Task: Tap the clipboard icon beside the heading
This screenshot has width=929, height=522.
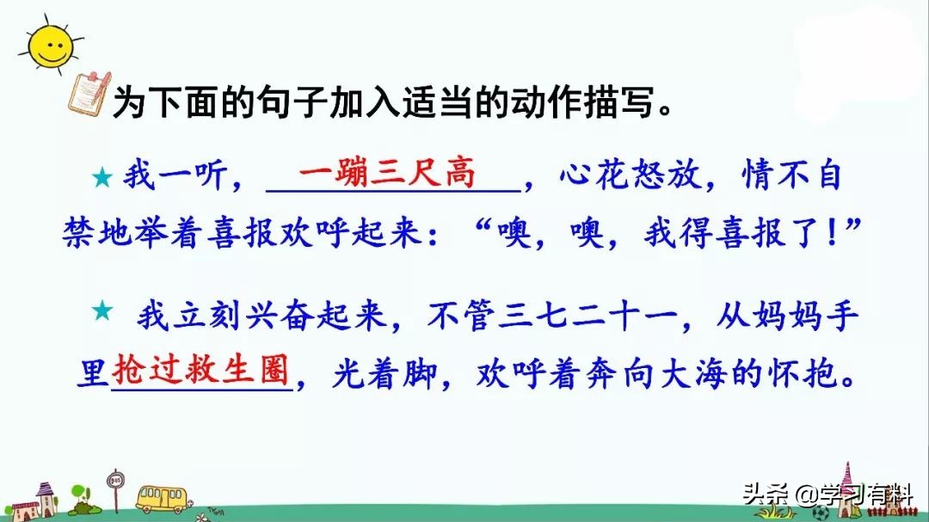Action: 89,93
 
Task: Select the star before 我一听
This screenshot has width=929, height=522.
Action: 102,176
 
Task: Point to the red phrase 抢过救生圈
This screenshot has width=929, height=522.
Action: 200,370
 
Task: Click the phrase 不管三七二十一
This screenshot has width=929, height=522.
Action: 551,316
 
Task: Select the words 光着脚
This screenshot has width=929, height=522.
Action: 385,373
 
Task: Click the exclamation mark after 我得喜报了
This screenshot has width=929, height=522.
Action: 833,232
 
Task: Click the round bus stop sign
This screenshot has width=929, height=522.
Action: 115,479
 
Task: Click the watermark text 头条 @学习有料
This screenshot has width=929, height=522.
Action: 827,493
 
